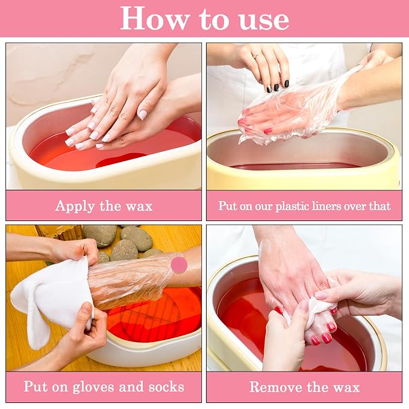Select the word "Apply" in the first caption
coord(75,207)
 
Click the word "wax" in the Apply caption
coord(139,207)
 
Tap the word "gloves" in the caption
coord(93,387)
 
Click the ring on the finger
coord(256,55)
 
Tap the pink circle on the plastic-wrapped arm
coord(179,265)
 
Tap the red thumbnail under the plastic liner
coord(267,131)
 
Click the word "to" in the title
coord(214,20)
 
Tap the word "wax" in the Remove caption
coord(346,387)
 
